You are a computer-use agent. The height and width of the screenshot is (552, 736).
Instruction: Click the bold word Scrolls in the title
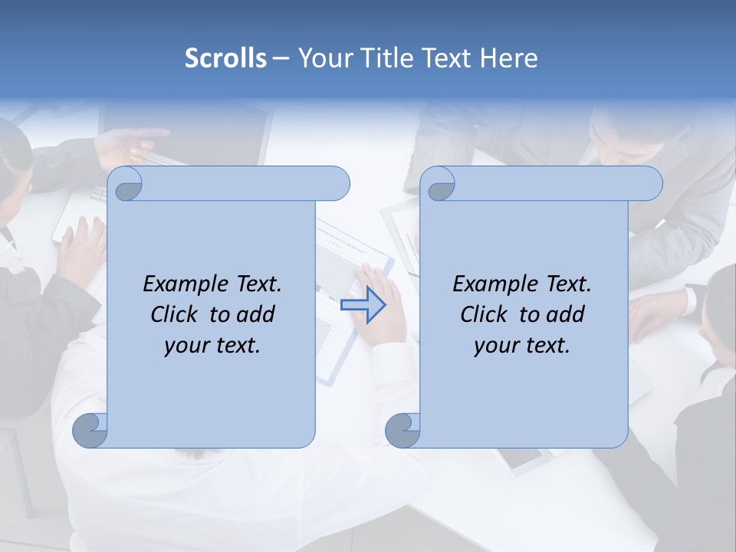coord(225,58)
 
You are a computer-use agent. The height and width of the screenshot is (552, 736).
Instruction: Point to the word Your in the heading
coord(324,58)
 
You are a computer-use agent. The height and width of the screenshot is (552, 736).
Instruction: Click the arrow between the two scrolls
coord(363,305)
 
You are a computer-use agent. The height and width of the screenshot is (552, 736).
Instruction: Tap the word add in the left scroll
coord(256,314)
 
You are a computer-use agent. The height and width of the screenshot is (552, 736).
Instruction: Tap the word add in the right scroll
coord(566,314)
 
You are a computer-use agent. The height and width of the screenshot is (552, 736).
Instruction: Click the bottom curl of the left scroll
coord(90,430)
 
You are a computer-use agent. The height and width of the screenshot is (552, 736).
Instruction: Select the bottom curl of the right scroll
coord(402,430)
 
